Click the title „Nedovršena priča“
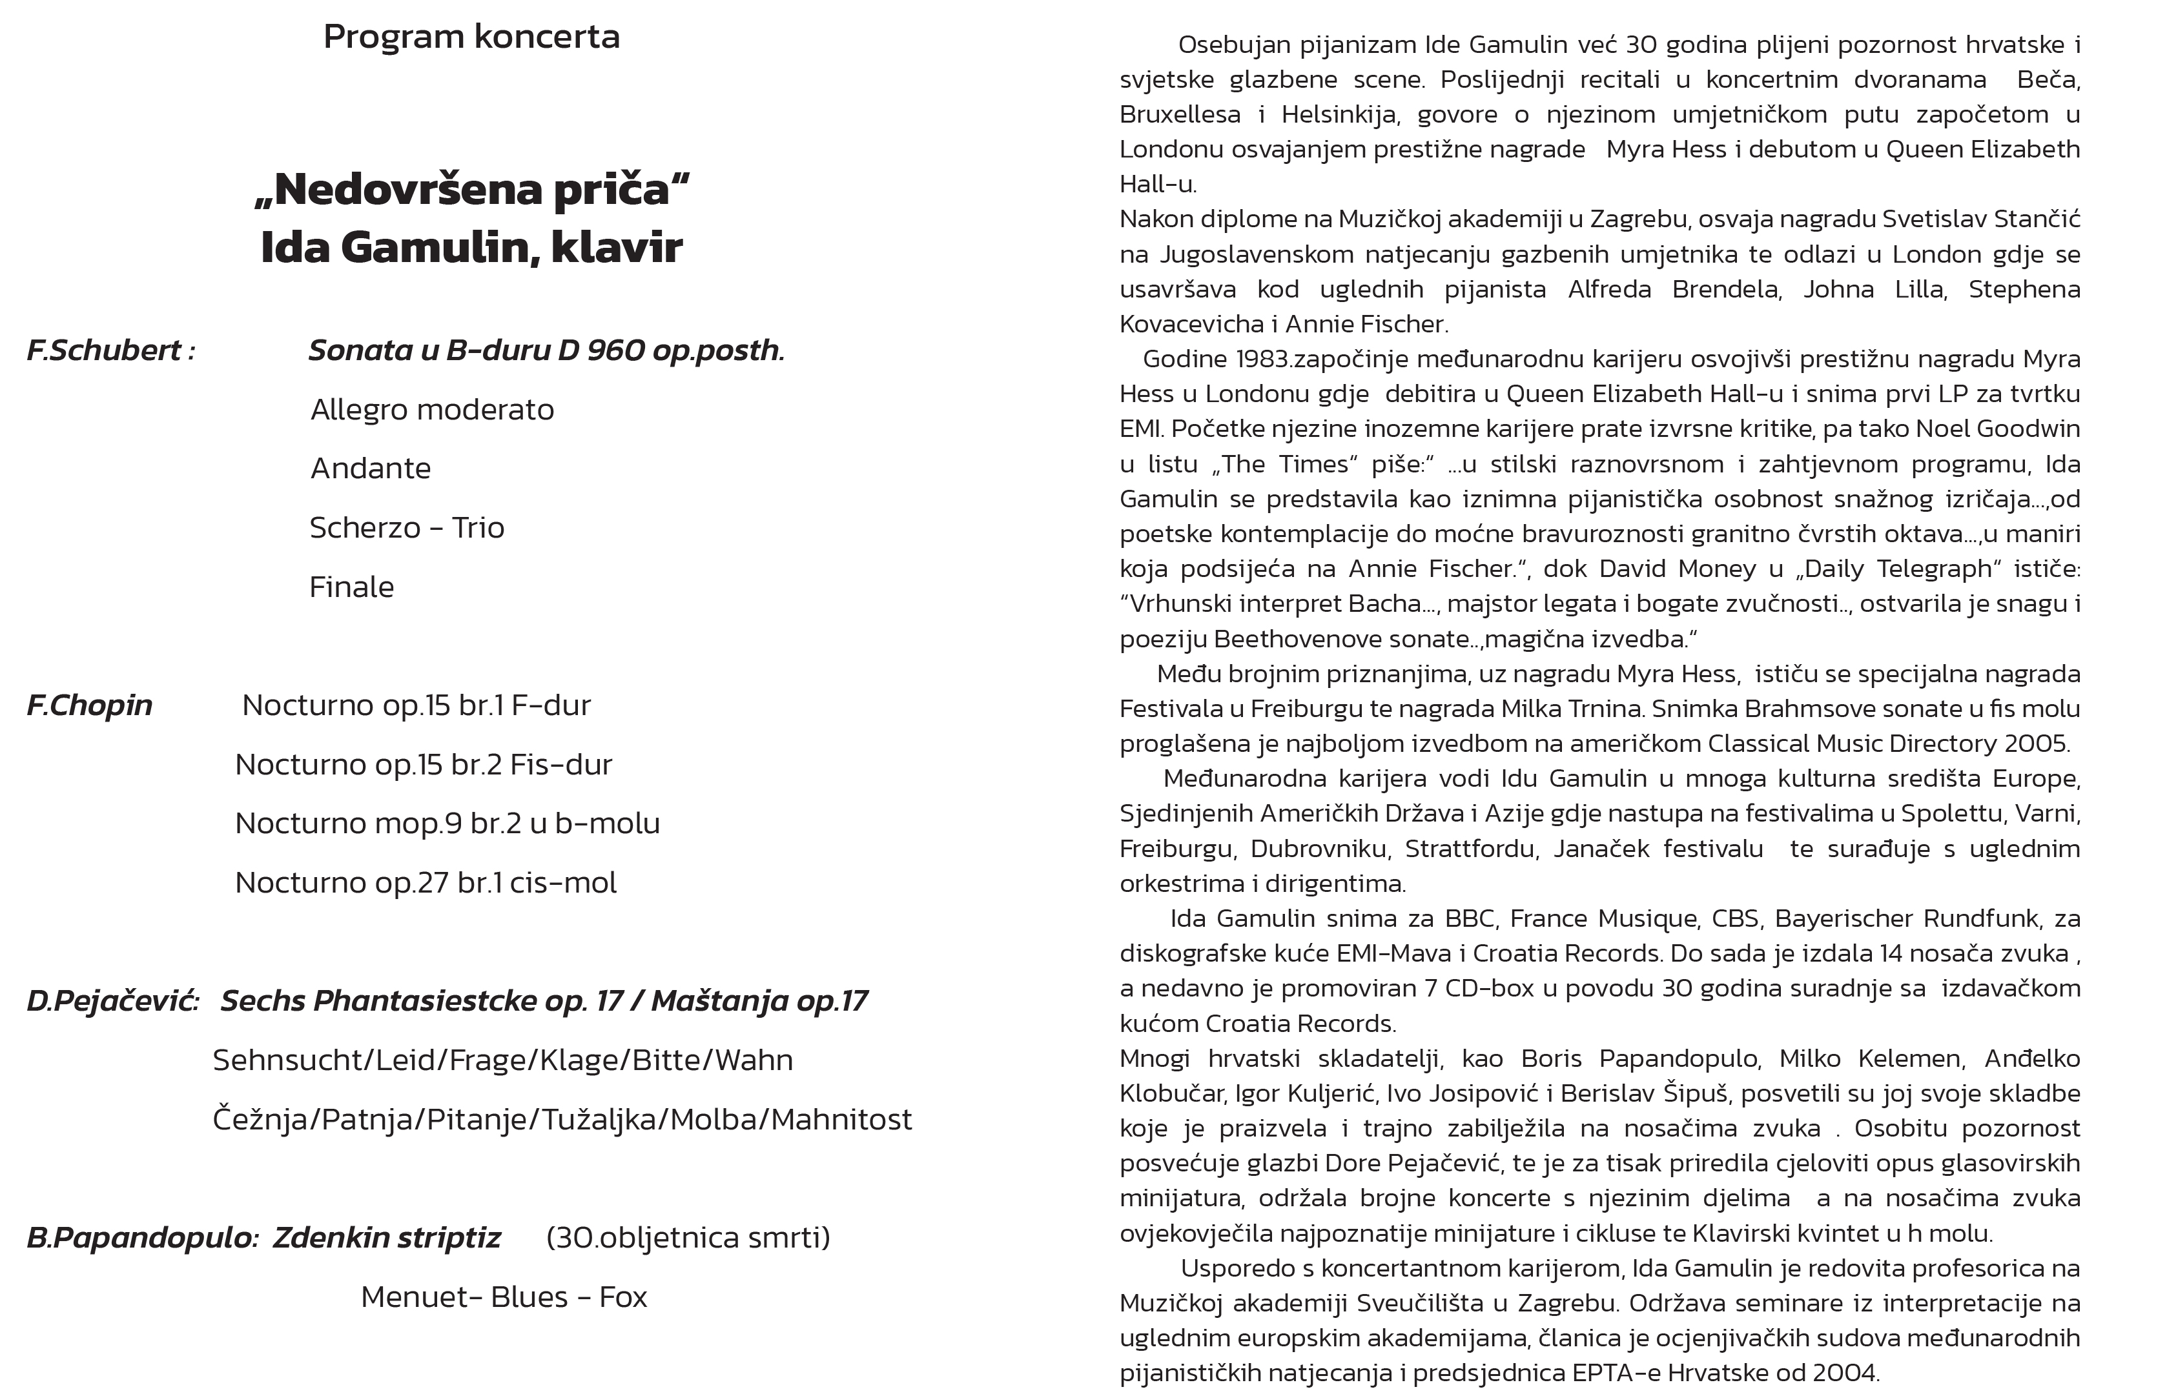pos(471,190)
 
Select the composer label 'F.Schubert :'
pos(110,351)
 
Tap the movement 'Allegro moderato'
pos(431,410)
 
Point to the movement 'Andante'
pos(371,469)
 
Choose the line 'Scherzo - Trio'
pos(406,527)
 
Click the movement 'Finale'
pos(352,587)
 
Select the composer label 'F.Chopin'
pos(89,705)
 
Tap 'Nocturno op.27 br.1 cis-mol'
pos(426,883)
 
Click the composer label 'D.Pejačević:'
pos(112,1001)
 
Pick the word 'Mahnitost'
pos(841,1120)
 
